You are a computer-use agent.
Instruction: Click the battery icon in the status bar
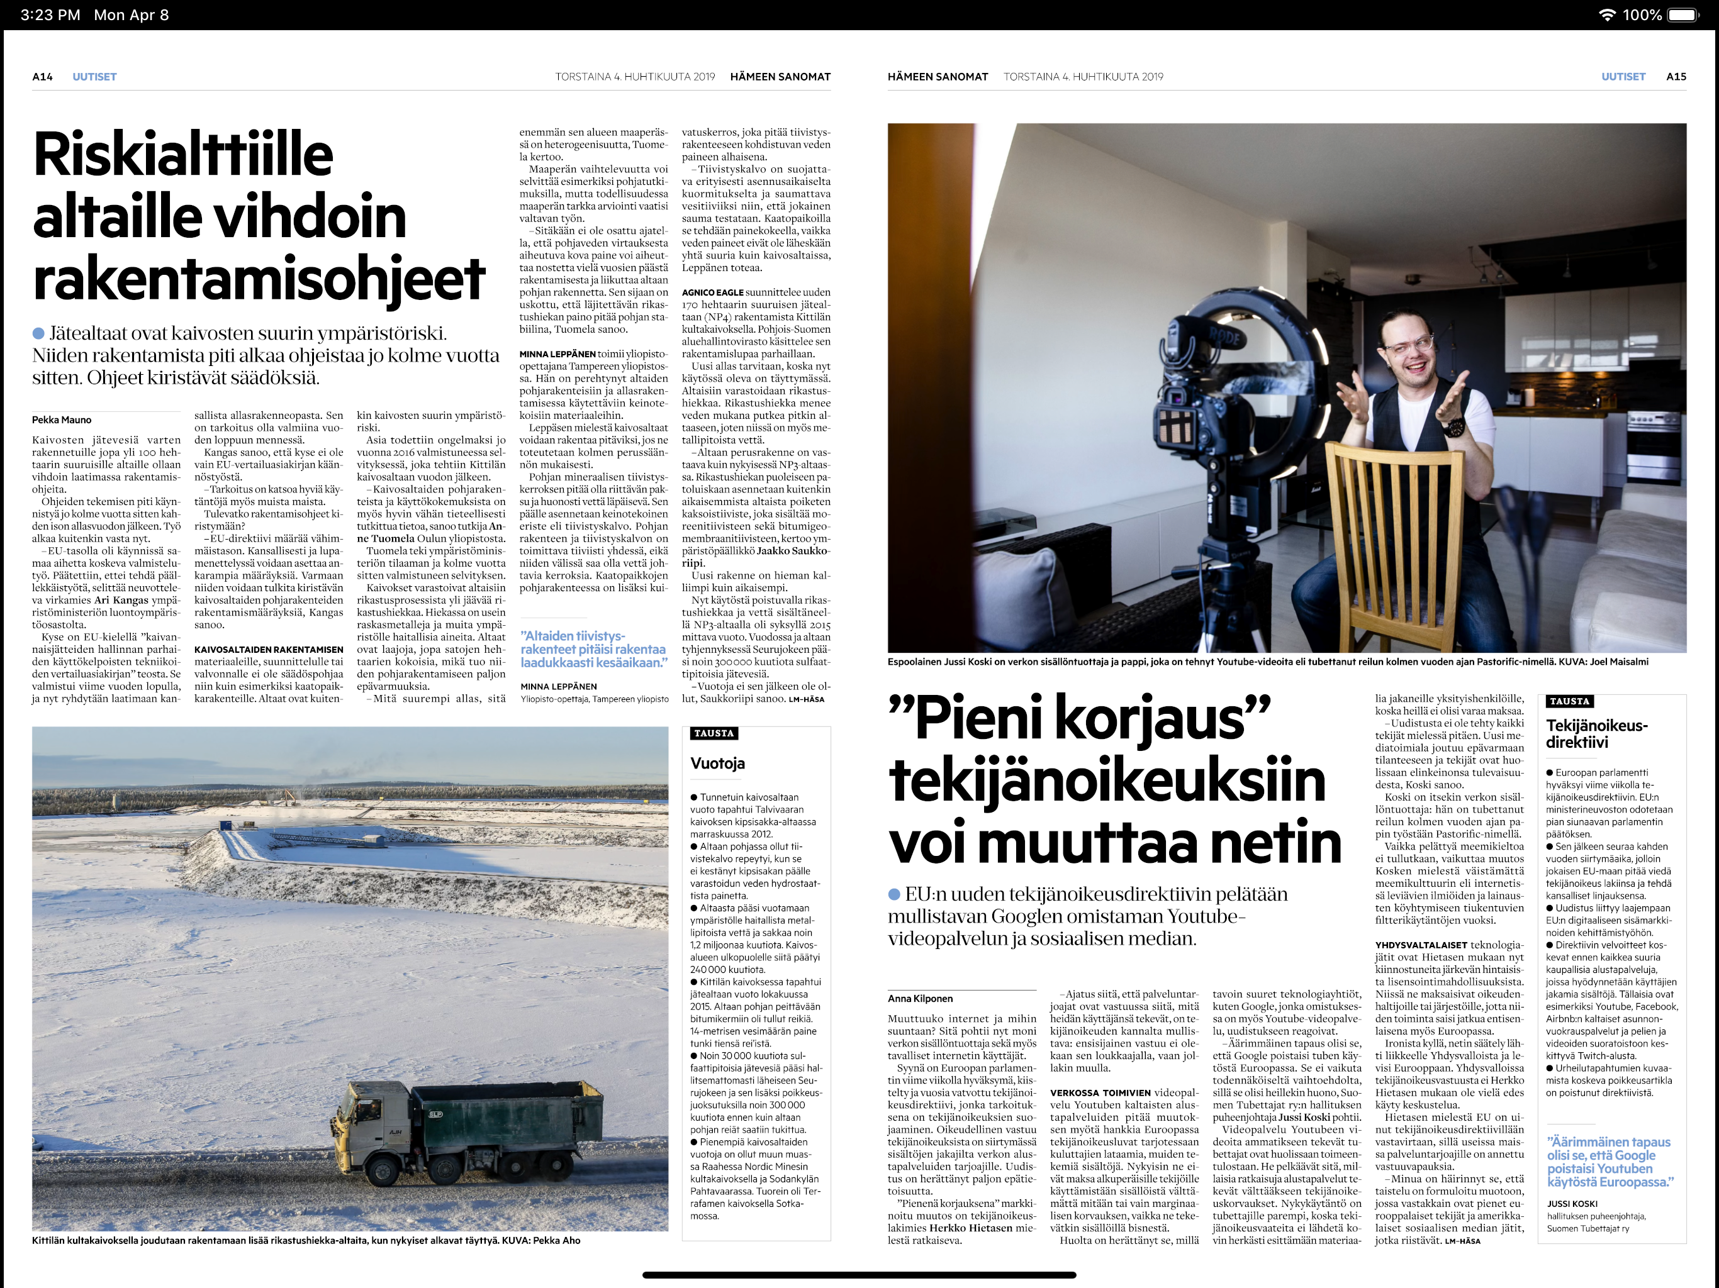pos(1683,14)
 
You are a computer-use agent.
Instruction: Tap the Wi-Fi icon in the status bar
pos(1606,14)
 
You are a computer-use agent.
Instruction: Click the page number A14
pos(42,77)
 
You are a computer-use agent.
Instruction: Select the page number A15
pos(1676,77)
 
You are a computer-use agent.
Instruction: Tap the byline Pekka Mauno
pos(62,419)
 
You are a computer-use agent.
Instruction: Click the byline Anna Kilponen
pos(920,998)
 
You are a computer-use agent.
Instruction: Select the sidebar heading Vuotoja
pos(717,763)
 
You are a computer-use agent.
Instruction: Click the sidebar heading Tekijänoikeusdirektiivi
pos(1596,733)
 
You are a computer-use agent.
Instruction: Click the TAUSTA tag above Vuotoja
pos(714,733)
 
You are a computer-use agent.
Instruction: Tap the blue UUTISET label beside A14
pos(94,77)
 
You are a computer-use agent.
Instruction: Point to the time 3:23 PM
pos(50,14)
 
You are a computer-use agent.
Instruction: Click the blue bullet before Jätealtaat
pos(38,333)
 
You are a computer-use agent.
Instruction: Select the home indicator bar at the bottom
pos(859,1275)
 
